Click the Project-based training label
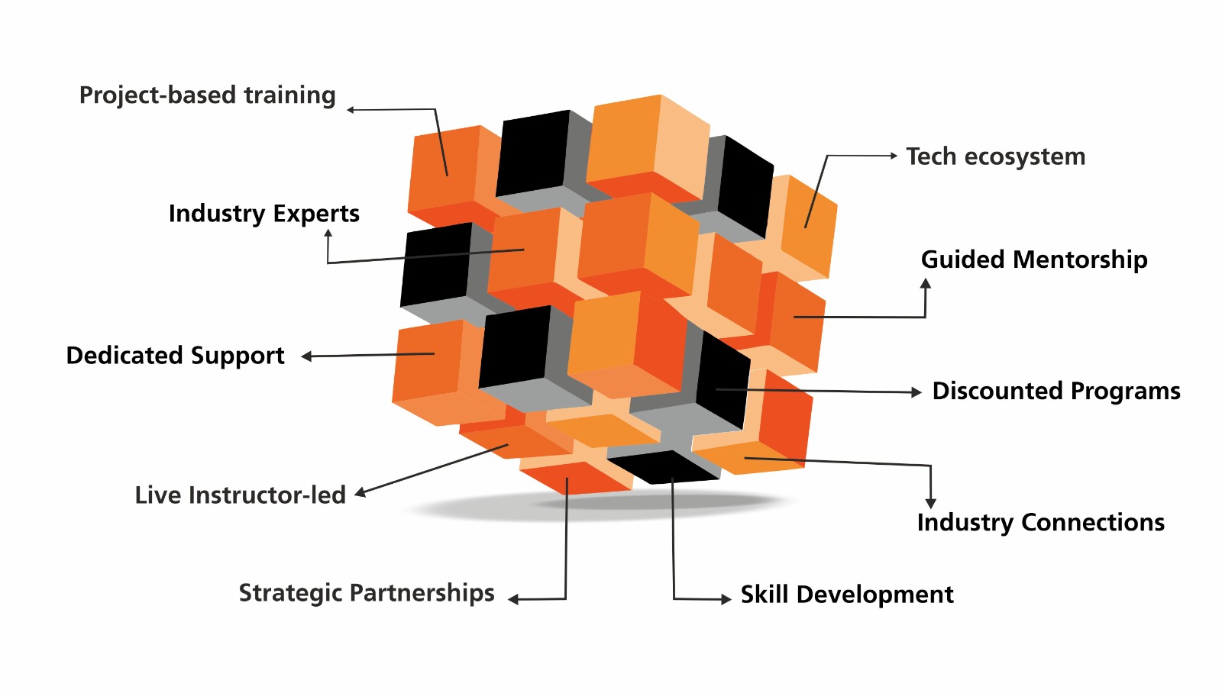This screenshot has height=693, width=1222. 207,95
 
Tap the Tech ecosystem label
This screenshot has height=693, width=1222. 995,156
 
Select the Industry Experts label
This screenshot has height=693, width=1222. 263,214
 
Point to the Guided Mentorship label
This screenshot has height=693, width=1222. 1033,259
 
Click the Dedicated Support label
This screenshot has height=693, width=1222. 175,356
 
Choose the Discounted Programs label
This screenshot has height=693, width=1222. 1056,391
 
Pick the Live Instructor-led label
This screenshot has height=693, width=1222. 240,495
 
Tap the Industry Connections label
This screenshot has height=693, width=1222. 1040,522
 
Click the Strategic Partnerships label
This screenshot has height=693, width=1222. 367,593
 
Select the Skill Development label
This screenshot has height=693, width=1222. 846,595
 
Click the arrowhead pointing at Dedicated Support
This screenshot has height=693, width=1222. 306,356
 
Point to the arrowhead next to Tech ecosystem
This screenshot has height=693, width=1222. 893,156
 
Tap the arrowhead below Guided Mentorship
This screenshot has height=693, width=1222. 926,284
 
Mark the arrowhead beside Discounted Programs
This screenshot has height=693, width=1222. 916,392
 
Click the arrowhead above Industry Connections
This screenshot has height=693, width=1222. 930,503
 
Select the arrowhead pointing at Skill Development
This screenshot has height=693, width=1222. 726,599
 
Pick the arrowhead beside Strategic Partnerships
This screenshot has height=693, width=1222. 514,600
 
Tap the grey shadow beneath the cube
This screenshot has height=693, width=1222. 596,507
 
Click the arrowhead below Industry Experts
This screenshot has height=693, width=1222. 328,234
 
